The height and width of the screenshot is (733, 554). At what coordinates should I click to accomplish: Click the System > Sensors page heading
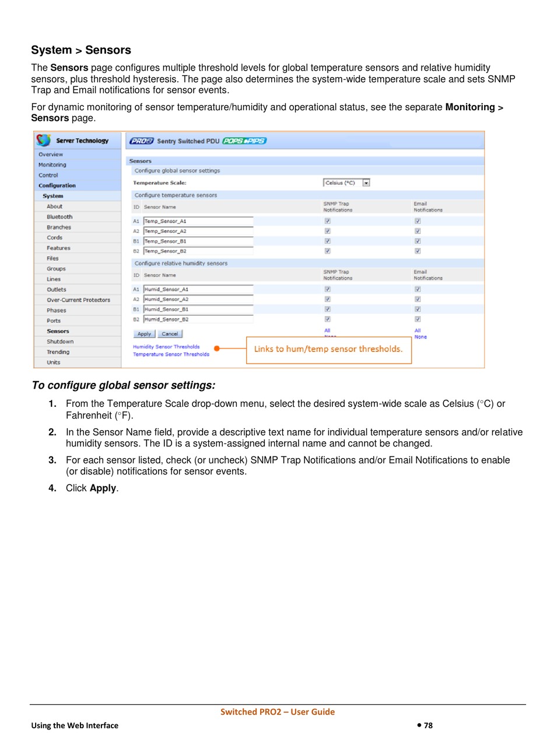click(x=81, y=50)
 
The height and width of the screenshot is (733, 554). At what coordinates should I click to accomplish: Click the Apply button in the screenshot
click(x=144, y=334)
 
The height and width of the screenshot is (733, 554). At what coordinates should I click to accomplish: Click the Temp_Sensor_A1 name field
click(x=198, y=221)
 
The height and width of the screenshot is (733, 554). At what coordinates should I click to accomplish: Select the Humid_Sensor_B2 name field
click(x=198, y=319)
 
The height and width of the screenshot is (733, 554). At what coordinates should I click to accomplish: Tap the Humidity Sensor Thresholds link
click(x=166, y=347)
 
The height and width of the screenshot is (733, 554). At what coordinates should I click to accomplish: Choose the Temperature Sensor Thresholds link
click(x=171, y=354)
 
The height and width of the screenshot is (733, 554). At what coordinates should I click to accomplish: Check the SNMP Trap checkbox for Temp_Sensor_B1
click(x=328, y=241)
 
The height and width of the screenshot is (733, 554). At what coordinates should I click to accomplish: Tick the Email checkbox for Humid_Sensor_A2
click(x=418, y=299)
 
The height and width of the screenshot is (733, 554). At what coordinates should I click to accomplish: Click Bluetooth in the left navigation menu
click(x=59, y=217)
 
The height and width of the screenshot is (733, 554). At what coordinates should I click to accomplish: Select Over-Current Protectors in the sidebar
click(x=78, y=300)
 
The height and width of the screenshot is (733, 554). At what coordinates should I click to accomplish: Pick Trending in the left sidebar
click(x=58, y=352)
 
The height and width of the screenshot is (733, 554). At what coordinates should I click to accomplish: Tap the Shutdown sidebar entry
click(x=60, y=341)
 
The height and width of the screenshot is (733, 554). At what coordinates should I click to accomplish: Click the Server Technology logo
click(x=73, y=141)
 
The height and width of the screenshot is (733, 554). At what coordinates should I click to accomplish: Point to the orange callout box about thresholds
click(x=328, y=350)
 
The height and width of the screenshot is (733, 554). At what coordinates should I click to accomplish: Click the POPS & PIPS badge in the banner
click(x=244, y=141)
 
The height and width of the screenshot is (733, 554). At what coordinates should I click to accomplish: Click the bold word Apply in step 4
click(x=103, y=488)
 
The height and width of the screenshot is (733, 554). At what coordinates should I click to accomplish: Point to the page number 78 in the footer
click(x=427, y=725)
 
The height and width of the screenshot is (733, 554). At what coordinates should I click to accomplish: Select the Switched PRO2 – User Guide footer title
click(x=278, y=711)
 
